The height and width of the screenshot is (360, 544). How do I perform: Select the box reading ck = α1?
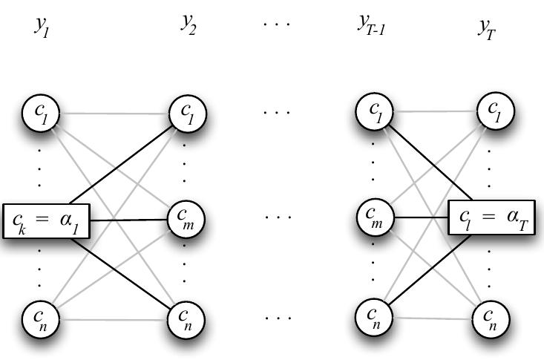[x=46, y=220]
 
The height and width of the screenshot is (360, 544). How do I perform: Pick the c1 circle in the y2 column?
[x=188, y=114]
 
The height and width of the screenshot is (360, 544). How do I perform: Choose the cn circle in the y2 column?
[x=188, y=320]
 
